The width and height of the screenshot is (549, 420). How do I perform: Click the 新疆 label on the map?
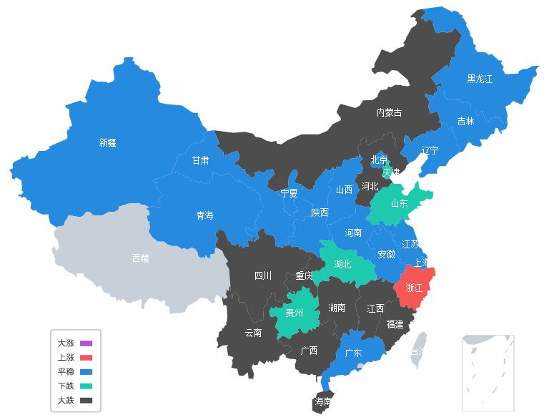coord(107,142)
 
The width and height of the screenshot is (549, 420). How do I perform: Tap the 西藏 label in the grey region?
coord(141,258)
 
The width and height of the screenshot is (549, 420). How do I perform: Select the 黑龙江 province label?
coord(480,79)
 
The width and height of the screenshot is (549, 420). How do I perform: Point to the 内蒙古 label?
coord(389,112)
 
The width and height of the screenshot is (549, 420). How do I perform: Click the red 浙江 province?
coord(414,288)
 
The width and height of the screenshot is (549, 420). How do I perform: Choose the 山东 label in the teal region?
coord(399,203)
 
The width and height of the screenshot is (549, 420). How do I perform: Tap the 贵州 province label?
coord(294,313)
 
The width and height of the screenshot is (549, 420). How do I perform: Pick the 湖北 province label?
coord(342,264)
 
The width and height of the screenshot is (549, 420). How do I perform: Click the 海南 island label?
coord(322,401)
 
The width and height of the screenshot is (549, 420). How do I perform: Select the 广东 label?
coord(353,353)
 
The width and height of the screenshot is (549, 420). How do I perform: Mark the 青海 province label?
coord(204,215)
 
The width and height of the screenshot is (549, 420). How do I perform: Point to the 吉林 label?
coord(465,121)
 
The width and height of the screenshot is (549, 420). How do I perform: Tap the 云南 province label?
coord(253,333)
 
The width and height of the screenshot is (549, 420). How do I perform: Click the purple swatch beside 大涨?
coord(86,343)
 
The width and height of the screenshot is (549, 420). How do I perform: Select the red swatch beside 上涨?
coord(86,357)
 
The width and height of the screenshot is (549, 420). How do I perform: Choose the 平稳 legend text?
coord(65,371)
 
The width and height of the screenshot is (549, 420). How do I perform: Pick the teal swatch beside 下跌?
coord(86,386)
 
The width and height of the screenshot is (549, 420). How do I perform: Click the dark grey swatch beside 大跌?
coord(86,400)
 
